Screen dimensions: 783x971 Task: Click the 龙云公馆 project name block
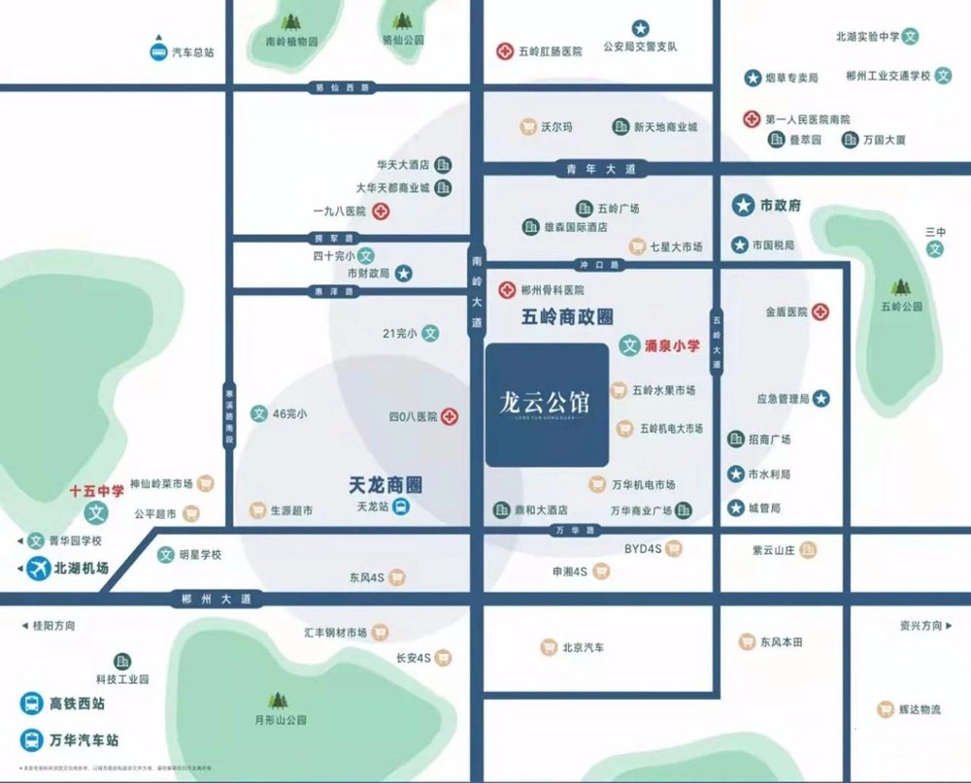(548, 405)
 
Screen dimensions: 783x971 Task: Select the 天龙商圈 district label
(390, 483)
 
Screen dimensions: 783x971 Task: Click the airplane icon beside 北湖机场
(38, 569)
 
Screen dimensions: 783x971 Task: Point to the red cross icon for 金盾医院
(821, 312)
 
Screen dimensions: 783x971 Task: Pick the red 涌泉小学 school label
(673, 344)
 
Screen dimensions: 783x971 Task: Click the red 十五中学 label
(96, 491)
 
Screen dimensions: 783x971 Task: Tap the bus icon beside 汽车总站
(157, 52)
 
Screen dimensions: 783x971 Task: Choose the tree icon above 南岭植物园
(290, 21)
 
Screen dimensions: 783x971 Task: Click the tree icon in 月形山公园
(279, 700)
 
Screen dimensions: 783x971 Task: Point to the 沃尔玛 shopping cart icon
(527, 126)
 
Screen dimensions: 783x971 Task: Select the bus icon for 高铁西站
(31, 703)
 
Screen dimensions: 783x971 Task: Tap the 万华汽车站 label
(84, 739)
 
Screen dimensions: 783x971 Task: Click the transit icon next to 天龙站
(401, 506)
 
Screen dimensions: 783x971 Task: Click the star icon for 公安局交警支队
(640, 28)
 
